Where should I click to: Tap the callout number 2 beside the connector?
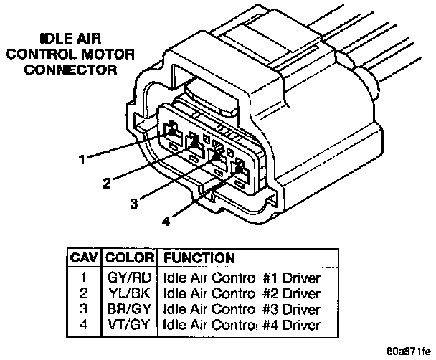(x=106, y=183)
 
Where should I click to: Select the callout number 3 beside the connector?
(x=134, y=203)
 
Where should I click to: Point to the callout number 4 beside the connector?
(x=166, y=221)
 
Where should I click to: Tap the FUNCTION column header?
(x=199, y=257)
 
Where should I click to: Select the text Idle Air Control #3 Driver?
(x=241, y=309)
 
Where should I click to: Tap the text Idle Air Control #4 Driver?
(x=241, y=325)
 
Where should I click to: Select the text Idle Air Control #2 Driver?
(x=241, y=293)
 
